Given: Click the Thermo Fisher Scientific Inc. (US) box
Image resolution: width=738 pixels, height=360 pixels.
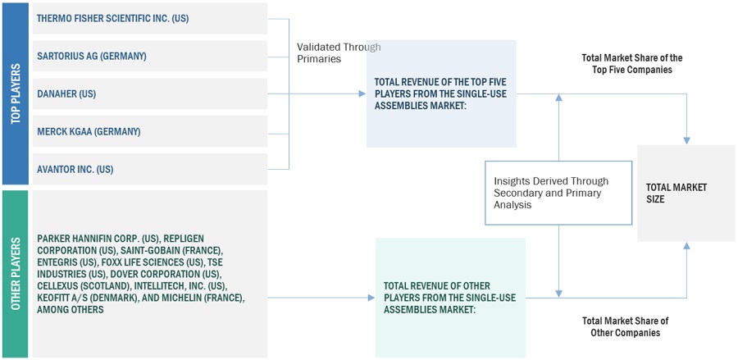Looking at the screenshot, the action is (150, 18).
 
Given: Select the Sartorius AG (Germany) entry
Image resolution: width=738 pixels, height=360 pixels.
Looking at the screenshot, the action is (150, 56).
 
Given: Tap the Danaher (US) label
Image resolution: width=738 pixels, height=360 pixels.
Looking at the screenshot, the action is (66, 93).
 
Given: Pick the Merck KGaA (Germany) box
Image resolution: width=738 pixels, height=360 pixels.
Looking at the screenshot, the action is (150, 131).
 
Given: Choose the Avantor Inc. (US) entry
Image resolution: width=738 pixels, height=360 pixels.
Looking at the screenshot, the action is (150, 169).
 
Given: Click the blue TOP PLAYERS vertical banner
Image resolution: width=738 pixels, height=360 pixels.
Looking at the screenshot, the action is (16, 93).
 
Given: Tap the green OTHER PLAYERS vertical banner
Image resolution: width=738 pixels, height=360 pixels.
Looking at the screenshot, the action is (16, 274).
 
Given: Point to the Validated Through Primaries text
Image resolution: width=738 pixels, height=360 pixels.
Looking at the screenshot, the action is (339, 53).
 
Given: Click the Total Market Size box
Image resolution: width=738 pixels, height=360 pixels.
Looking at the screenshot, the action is (686, 194).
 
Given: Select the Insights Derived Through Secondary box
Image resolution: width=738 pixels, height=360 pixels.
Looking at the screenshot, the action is (558, 193).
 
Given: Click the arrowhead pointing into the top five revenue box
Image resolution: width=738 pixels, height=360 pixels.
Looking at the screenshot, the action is (362, 93).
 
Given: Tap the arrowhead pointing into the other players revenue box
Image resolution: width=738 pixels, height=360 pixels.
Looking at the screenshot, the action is (371, 298).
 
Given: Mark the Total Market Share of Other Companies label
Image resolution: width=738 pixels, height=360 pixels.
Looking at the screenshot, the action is (625, 326).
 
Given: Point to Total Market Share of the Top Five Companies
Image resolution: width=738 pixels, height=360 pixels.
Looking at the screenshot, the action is (631, 63).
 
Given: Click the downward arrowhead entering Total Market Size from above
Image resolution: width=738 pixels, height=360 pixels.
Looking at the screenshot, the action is (686, 140).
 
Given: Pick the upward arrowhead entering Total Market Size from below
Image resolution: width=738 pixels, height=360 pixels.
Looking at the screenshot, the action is (686, 246).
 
